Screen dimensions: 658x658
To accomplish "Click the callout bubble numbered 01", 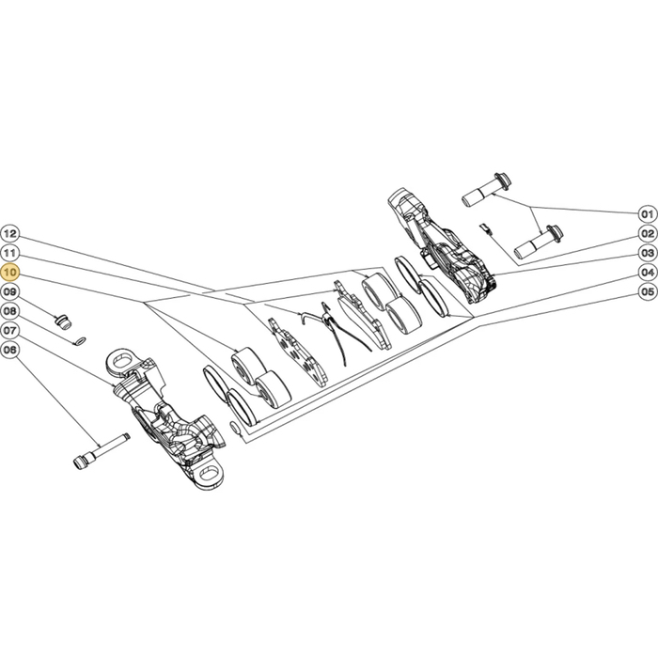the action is click(x=648, y=214).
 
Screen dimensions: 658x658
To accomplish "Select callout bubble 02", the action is click(x=648, y=234).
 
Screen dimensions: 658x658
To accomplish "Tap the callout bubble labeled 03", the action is click(x=648, y=253).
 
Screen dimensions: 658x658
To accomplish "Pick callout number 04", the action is click(x=648, y=273).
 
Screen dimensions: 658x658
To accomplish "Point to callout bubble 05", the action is click(x=648, y=291).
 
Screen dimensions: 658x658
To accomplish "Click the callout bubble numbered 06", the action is click(x=10, y=350).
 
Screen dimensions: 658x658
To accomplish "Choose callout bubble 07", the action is click(x=10, y=330).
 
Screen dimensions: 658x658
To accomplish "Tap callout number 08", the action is click(x=10, y=311).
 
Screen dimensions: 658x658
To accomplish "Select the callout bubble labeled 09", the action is click(x=10, y=291).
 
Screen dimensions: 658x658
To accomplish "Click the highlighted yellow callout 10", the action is click(x=10, y=273).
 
